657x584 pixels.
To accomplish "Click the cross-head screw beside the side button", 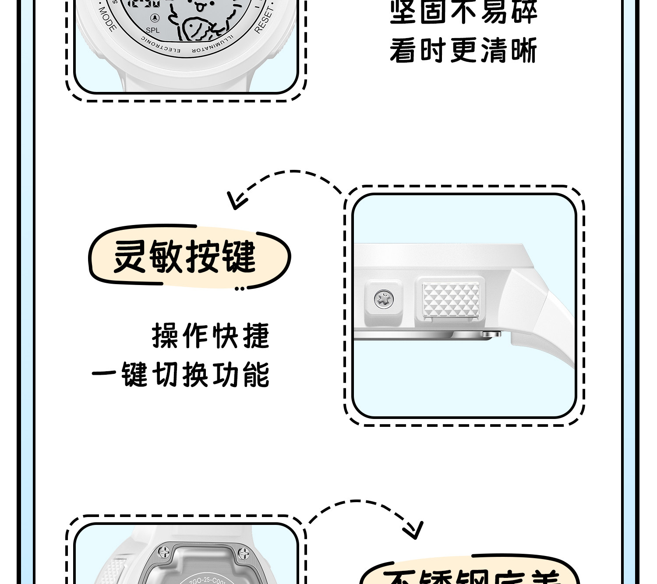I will click(x=384, y=300).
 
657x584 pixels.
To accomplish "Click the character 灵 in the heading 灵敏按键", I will click(x=130, y=257).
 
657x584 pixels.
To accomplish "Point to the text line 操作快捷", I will click(x=211, y=336).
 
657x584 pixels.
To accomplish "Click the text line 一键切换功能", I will click(x=180, y=374).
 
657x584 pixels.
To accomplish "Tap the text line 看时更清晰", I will click(x=463, y=51).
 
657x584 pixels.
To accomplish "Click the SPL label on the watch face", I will click(x=152, y=30).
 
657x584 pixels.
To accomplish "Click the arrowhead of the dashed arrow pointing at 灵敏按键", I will click(x=236, y=201).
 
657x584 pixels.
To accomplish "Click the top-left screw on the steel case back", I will click(x=165, y=552).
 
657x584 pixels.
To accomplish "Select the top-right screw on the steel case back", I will click(x=244, y=553).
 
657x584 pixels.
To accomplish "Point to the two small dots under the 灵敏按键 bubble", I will click(x=239, y=288).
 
